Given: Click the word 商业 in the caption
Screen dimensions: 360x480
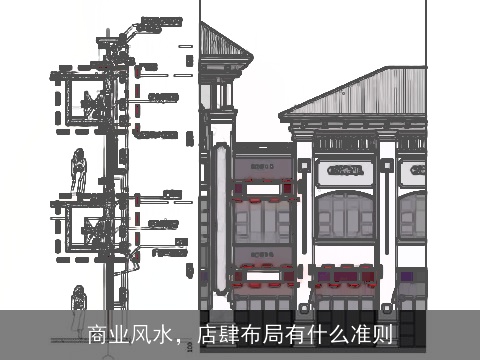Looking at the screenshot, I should point(108,333).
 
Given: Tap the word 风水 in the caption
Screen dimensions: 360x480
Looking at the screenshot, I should point(151,333).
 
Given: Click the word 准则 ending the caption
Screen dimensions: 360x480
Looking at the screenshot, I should point(371,333).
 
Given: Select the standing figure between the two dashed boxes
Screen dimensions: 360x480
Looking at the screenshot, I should point(77,172).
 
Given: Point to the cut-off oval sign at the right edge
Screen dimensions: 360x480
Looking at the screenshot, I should point(412,170).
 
